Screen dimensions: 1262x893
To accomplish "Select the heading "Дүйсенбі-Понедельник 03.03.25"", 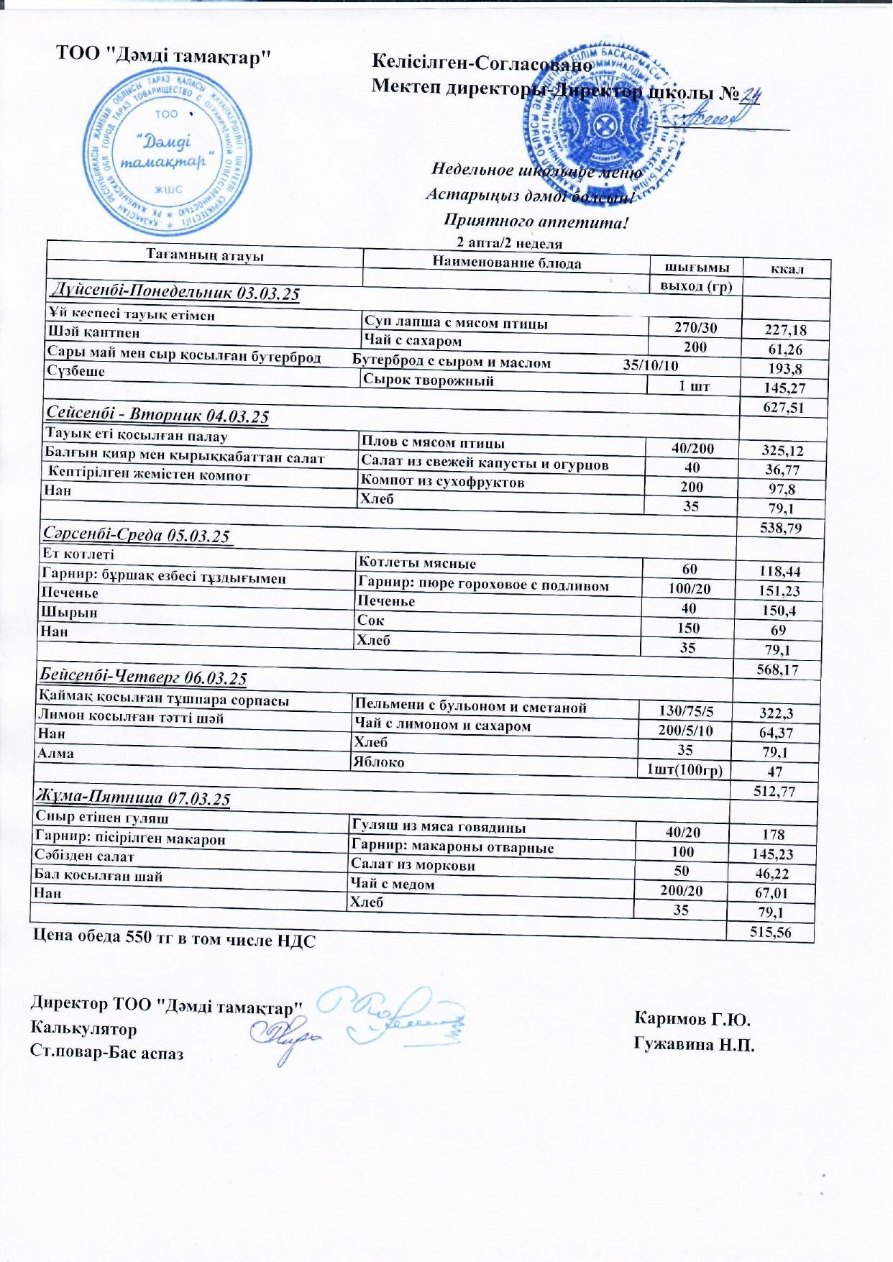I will [173, 291].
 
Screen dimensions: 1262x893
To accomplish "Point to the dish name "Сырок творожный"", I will [429, 380].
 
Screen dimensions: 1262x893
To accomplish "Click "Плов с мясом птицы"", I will [432, 442].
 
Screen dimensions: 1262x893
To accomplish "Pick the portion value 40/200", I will [692, 449].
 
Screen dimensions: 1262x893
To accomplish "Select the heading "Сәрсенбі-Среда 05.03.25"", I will [137, 535].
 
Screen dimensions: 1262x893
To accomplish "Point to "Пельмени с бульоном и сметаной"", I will [470, 707].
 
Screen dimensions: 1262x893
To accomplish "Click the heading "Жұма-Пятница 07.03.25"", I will [133, 797].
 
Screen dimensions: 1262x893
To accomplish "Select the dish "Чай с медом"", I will [392, 884].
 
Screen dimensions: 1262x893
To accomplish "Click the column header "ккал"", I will [787, 270].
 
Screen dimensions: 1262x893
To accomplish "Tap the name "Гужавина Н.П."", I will [694, 1044].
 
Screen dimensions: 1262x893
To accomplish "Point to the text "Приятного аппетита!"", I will [536, 222].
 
